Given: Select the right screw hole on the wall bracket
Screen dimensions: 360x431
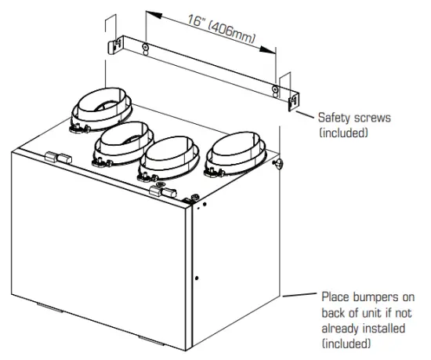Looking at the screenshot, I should coord(273,90).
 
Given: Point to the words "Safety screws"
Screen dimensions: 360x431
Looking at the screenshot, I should coord(353,118).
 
